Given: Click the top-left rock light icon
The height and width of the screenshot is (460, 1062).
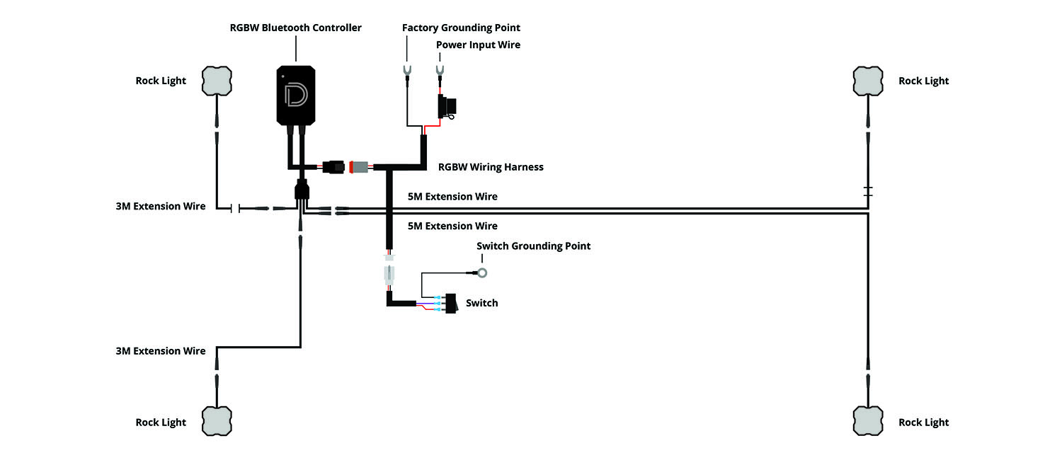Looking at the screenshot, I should pos(217,81).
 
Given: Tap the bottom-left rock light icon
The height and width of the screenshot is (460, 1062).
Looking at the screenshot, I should pos(217,421).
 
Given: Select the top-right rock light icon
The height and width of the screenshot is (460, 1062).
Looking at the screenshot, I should pos(868,81).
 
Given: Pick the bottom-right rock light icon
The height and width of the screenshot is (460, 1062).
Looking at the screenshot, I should pos(868,421).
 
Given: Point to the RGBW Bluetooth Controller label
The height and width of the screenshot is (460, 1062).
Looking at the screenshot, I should pos(295,28).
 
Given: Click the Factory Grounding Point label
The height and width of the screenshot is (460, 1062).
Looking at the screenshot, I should pos(461,28).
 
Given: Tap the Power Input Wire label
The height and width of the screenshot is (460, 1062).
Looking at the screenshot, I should pos(478,45).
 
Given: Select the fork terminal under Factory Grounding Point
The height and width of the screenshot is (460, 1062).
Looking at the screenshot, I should pos(407,70).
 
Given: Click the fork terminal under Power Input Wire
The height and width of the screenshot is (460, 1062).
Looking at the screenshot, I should pos(440,70).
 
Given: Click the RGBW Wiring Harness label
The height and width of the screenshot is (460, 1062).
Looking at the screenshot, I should pos(491,168).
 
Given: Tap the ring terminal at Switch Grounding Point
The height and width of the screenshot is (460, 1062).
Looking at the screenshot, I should pos(481,272).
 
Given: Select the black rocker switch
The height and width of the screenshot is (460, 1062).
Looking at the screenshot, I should pos(451,304).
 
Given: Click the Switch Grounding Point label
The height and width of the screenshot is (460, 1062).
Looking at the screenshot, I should pos(533,246).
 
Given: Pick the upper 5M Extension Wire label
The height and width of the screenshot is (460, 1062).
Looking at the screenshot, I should pos(452,197).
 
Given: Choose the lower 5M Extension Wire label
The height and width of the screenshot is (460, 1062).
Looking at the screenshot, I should pos(452,226).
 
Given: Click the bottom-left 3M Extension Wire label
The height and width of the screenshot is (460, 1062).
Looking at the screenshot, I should pos(161,351).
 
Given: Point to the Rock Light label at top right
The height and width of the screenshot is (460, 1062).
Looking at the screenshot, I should pos(923,81).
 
